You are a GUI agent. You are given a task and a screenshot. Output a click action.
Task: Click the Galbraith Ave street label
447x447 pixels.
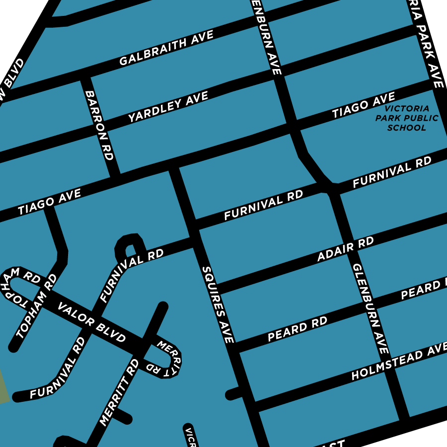click(166, 48)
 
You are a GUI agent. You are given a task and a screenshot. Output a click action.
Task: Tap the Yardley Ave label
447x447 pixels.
click(168, 107)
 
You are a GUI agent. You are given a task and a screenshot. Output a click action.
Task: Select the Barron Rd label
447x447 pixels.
click(99, 125)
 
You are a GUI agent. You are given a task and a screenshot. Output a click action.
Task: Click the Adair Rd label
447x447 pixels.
click(345, 250)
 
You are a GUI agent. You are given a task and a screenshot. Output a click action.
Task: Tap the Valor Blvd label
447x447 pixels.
click(92, 322)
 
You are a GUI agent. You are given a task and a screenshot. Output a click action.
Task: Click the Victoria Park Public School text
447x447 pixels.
click(407, 118)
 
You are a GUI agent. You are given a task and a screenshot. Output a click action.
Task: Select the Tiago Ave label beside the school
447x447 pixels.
click(364, 105)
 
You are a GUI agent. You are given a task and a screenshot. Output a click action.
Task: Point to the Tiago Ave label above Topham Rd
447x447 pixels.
click(49, 203)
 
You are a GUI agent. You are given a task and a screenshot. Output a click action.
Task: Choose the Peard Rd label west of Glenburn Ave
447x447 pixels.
click(298, 329)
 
